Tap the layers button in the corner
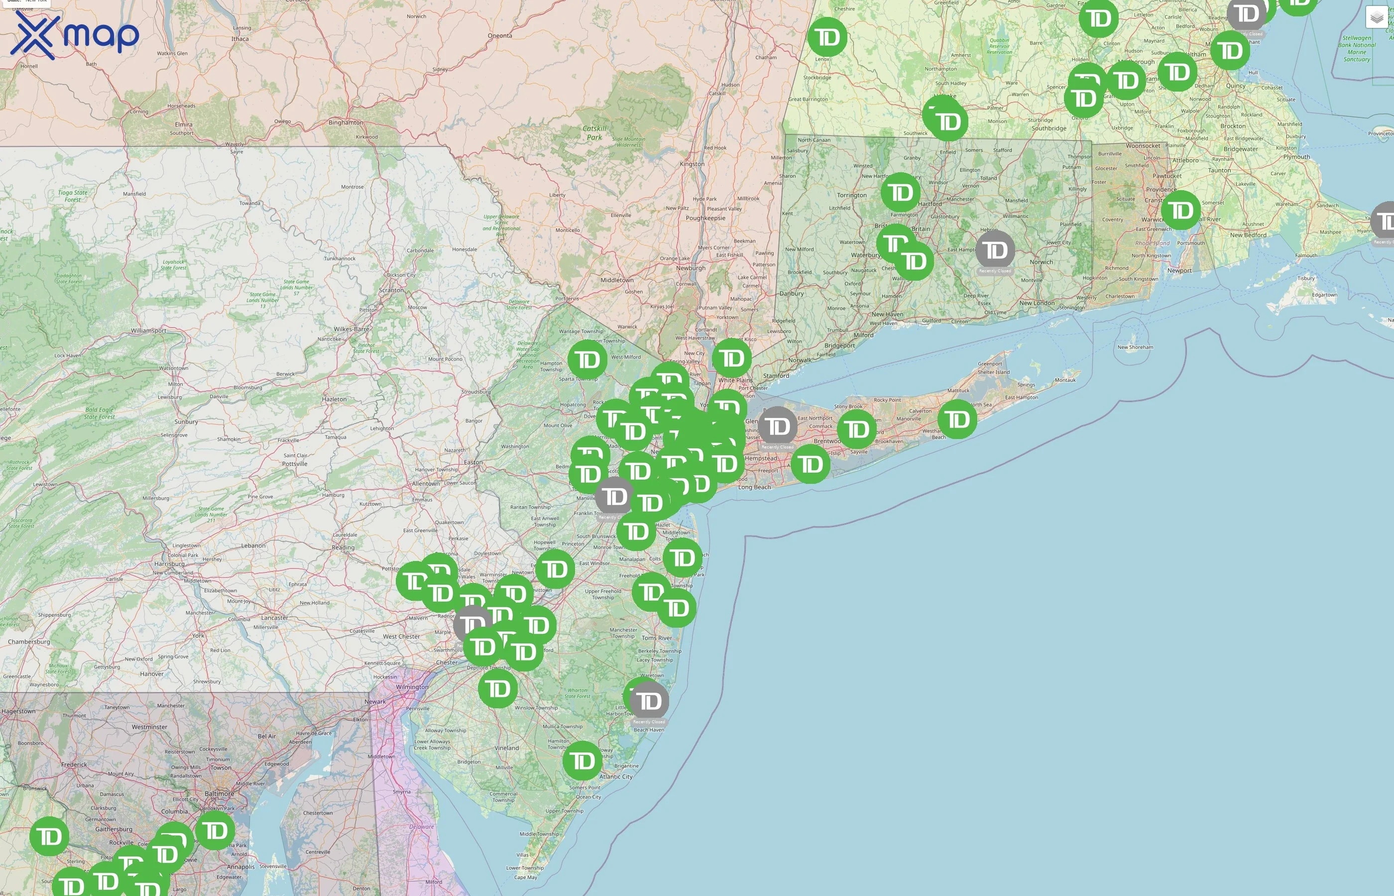point(1376,17)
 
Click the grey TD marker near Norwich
point(995,251)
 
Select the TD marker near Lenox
point(827,38)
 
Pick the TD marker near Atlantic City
point(582,761)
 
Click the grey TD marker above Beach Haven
point(649,701)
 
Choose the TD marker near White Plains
point(732,359)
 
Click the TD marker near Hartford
point(901,193)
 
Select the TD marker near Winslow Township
point(498,689)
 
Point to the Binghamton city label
point(346,123)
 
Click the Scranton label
point(391,290)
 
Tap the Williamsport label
point(148,331)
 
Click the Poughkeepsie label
point(705,218)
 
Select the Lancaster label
point(274,618)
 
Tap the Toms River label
point(657,638)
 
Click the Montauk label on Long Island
point(1065,380)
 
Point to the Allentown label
point(425,483)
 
